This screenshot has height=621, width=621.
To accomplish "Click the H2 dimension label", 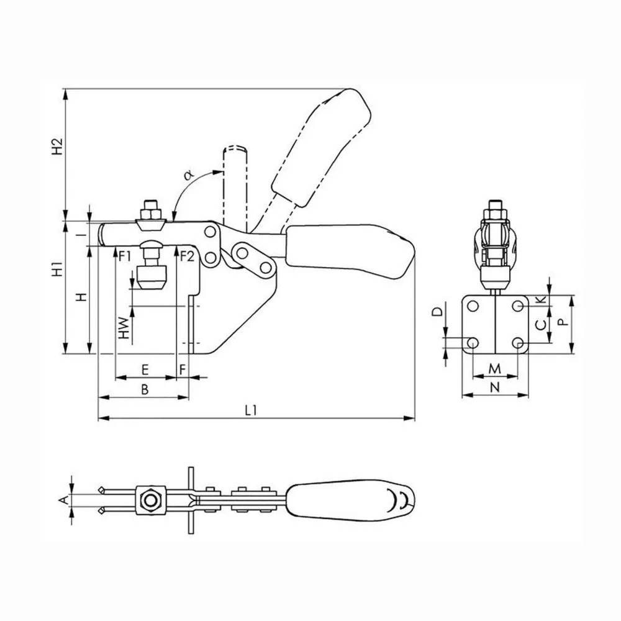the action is point(58,147).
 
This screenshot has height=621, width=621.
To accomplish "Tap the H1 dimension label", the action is point(58,269).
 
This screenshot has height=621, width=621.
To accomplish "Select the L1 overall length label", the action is point(251,410).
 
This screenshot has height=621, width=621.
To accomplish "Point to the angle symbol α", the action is point(189,175).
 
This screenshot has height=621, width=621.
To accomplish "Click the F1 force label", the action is point(125,256).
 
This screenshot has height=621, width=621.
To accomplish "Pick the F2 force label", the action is point(187,256).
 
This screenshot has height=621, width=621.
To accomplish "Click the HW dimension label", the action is point(124,329).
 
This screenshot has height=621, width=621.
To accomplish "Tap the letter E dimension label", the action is point(145,370).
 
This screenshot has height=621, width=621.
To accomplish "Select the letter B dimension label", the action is point(145,389).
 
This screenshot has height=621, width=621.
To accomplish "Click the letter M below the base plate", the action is point(495,369).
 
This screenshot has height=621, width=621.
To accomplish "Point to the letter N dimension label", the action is point(495,388).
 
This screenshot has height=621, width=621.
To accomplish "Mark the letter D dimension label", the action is point(437,312).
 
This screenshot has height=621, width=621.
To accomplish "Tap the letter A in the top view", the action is point(63,501).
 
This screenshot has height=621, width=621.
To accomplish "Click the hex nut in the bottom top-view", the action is point(150,500).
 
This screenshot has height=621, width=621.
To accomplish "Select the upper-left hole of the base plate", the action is point(473,306).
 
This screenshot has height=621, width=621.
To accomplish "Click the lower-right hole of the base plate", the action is point(518,343).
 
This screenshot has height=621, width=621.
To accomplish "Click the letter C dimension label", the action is point(541,325).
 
